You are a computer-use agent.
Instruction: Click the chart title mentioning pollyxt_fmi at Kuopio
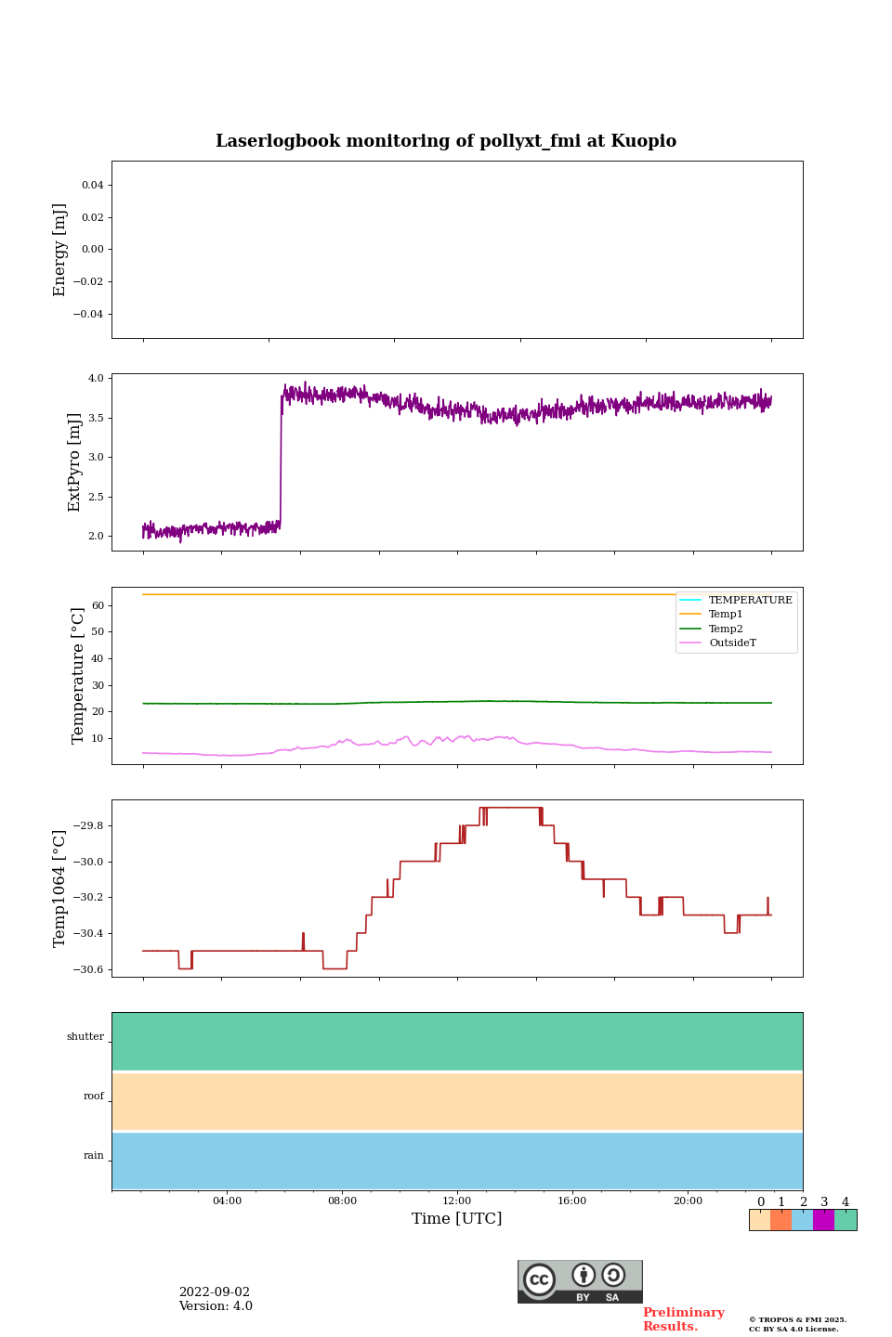(446, 141)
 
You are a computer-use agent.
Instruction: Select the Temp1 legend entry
(726, 615)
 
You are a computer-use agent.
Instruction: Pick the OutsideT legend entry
(732, 643)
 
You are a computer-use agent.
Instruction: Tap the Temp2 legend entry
(726, 629)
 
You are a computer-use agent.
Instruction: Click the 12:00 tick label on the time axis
(457, 1201)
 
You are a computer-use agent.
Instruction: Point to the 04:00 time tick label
(227, 1201)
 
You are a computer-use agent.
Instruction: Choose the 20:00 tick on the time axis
(688, 1201)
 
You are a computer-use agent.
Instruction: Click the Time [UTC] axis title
(457, 1219)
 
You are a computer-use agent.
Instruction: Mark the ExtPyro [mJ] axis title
(75, 462)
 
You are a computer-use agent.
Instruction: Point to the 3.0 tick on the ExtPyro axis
(96, 458)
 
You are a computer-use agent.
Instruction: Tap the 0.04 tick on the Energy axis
(92, 186)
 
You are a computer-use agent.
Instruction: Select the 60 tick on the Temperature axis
(98, 605)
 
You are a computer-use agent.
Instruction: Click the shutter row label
(85, 1037)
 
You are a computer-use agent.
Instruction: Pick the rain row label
(94, 1156)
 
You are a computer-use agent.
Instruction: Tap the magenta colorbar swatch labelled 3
(823, 1220)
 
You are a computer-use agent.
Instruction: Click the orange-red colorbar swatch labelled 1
(780, 1220)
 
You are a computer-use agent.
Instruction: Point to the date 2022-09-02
(215, 1292)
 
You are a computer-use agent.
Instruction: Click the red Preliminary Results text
(683, 1319)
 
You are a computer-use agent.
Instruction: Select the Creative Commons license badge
(580, 1281)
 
